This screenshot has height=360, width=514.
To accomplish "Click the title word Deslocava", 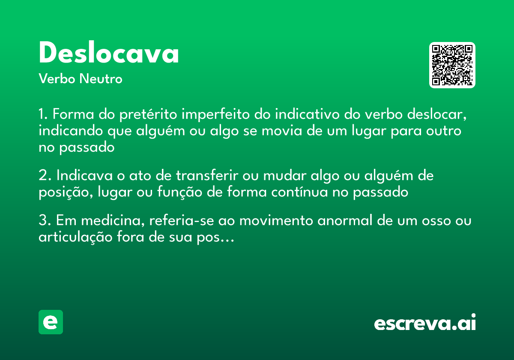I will click(109, 54).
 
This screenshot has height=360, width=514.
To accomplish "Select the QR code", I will click(452, 65).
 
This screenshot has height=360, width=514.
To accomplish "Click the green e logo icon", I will click(51, 322).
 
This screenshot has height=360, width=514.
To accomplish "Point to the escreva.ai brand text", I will click(425, 323).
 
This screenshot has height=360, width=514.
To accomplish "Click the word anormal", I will click(326, 221).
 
